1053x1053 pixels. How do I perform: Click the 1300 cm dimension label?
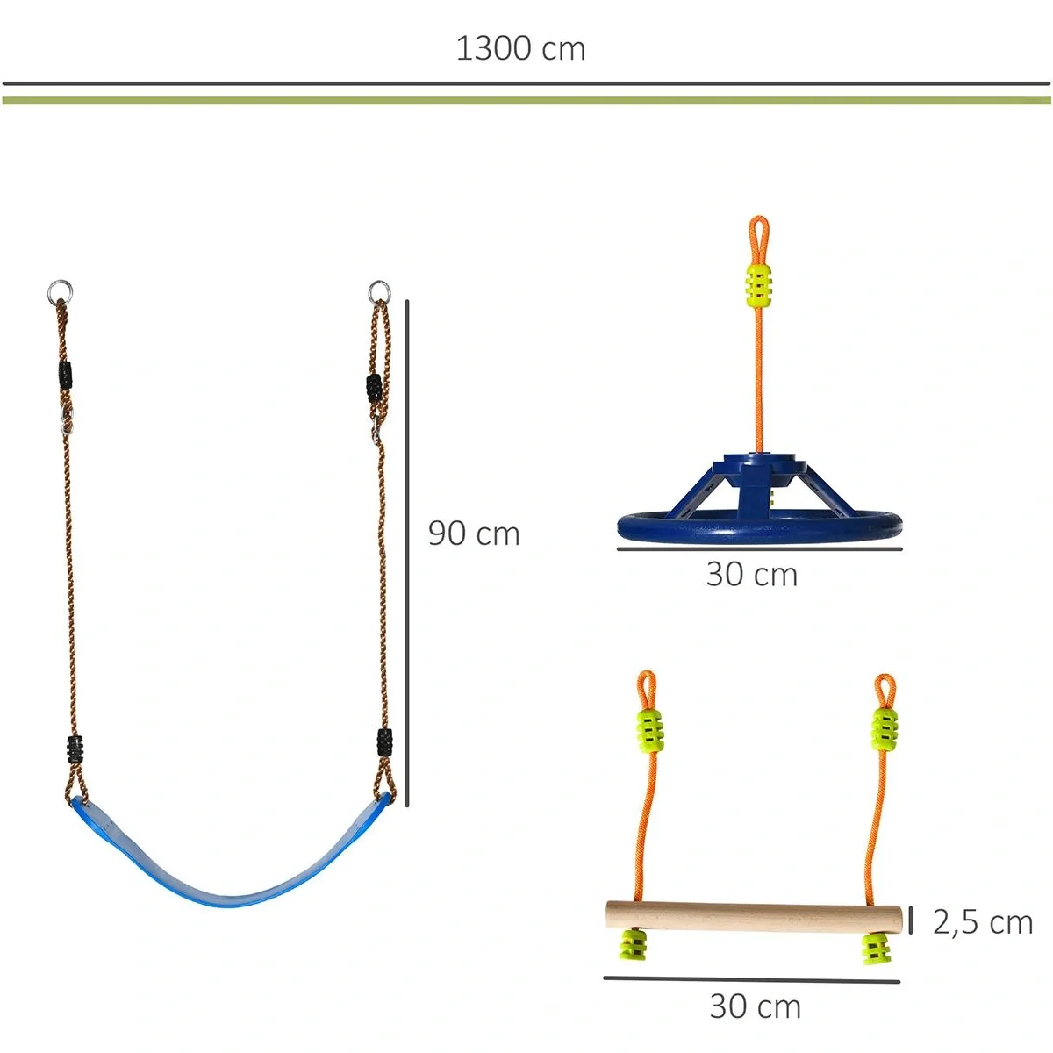click(x=520, y=49)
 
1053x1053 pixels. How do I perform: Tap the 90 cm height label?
click(x=474, y=534)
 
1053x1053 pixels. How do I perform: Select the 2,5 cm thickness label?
click(x=983, y=922)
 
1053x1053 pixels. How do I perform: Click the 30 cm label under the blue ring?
click(x=752, y=575)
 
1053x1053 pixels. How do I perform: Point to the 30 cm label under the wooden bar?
click(x=755, y=1006)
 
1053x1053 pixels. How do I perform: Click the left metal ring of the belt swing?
click(x=60, y=290)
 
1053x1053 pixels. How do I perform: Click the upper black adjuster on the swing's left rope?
click(x=65, y=375)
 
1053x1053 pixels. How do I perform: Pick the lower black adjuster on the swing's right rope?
click(x=383, y=742)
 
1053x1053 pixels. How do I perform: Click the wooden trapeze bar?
click(x=754, y=917)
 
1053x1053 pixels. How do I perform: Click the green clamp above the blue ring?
click(x=759, y=283)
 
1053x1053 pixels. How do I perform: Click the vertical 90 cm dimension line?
click(x=407, y=553)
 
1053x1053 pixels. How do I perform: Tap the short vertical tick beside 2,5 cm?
click(x=911, y=920)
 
